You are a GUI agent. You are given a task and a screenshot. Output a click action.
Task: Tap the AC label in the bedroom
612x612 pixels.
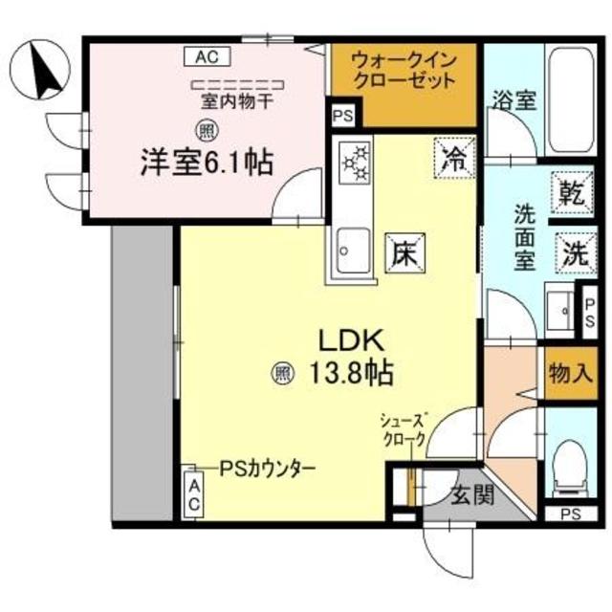(207, 56)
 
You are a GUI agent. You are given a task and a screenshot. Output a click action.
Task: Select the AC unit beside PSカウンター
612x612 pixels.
(193, 493)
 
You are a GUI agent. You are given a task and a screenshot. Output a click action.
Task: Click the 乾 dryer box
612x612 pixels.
(571, 192)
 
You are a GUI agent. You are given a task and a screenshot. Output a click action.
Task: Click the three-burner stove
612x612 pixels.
(357, 163)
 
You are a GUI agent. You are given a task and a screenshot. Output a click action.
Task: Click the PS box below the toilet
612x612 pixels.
(571, 514)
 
